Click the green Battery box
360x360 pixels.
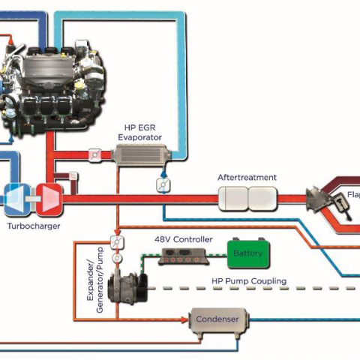pos(248,253)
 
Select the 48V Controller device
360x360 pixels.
pos(184,256)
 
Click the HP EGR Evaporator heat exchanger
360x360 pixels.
pos(141,154)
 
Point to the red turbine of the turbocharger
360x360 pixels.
pos(49,199)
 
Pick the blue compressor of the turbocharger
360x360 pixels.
pos(17,199)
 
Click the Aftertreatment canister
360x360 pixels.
pos(247,199)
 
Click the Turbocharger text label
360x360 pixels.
pos(34,226)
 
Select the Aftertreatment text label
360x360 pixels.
pos(247,178)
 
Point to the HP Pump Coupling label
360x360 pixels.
pos(249,281)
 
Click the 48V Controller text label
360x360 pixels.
pos(184,239)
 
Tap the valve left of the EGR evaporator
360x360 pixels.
pos(95,155)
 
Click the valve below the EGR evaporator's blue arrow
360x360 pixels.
pos(163,185)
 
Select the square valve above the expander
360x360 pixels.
pos(117,242)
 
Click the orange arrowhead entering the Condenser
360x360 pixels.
pos(184,319)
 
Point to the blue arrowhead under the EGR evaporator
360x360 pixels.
pos(163,174)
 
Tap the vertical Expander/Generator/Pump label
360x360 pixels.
pos(95,280)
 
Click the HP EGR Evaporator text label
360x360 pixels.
pos(140,133)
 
